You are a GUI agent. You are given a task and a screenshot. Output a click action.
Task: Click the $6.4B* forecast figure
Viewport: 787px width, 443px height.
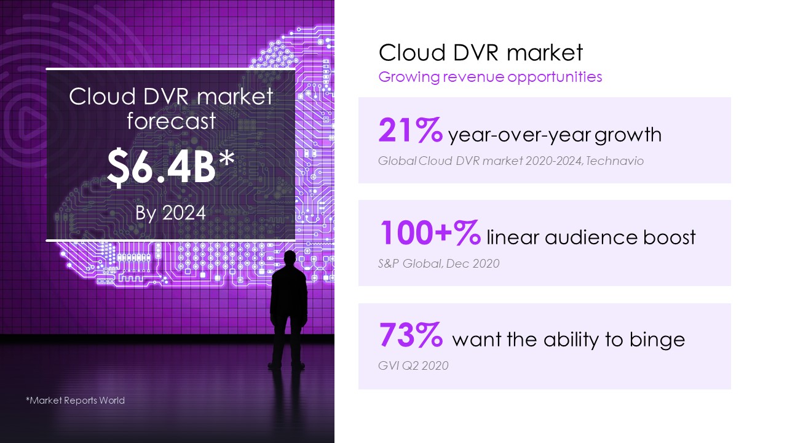(x=171, y=166)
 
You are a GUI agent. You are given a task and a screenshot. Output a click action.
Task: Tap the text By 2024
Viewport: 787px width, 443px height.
(x=171, y=213)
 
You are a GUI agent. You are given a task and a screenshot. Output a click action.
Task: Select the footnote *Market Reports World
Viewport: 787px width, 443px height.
(x=75, y=400)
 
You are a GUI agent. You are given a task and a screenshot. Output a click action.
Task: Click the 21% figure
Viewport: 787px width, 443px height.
(x=410, y=130)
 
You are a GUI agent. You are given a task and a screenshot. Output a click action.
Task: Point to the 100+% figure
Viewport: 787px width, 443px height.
(x=430, y=233)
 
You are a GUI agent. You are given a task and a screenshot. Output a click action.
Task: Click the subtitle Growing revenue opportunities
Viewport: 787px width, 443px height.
(x=490, y=77)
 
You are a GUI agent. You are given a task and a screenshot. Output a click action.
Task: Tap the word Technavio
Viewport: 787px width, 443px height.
(x=615, y=161)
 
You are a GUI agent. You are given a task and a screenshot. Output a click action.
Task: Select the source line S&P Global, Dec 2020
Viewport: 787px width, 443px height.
(x=438, y=263)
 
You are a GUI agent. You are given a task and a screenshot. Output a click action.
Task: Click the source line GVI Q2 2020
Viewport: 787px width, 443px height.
(x=413, y=365)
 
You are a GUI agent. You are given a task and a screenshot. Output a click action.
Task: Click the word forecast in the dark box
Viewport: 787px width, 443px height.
(x=171, y=121)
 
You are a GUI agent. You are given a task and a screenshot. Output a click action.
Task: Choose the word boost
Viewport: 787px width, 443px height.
(x=670, y=237)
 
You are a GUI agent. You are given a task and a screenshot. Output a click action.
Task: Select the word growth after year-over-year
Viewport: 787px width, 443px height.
(x=628, y=135)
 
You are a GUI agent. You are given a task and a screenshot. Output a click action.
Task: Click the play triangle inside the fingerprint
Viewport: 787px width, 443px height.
(x=28, y=124)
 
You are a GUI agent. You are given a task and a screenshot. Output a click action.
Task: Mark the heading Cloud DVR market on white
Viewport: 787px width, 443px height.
(x=481, y=52)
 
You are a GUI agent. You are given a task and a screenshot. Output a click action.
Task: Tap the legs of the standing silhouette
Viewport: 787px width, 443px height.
(x=287, y=343)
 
